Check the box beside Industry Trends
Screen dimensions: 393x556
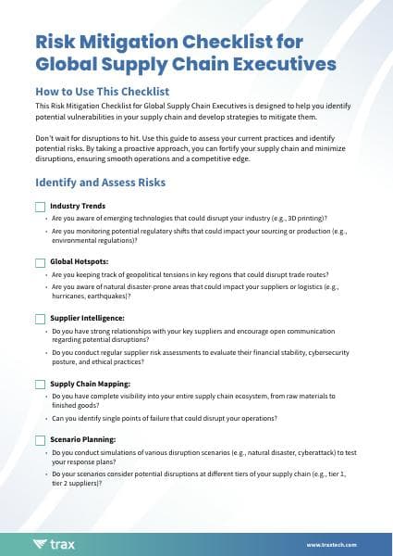tap(40, 206)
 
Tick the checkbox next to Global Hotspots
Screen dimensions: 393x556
tap(40, 262)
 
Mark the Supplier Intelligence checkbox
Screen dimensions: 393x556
tap(40, 319)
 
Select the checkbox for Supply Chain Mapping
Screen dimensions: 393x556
tap(40, 384)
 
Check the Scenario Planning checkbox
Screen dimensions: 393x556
tap(40, 439)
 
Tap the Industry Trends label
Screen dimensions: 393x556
tap(78, 206)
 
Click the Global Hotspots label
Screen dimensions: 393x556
tap(80, 262)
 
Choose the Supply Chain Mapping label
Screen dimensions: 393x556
tap(90, 384)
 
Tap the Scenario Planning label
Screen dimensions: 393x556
tap(82, 439)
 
